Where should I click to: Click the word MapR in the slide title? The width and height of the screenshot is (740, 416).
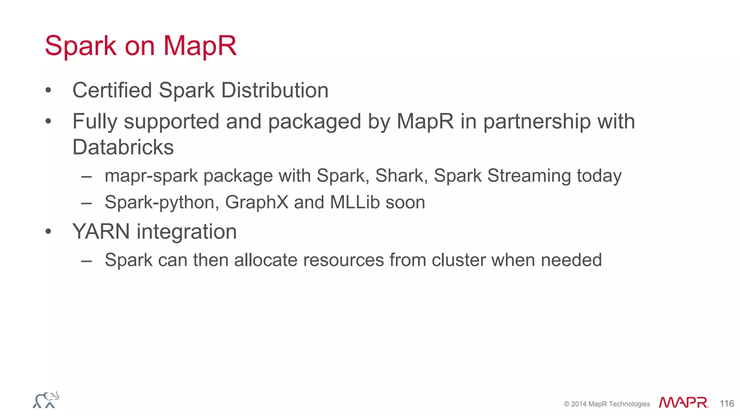click(200, 46)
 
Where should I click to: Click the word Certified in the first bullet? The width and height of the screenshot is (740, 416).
click(112, 90)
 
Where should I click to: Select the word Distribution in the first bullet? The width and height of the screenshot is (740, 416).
click(275, 90)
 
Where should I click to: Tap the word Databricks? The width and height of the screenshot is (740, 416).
click(123, 147)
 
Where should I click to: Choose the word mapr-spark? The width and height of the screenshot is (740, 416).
click(151, 176)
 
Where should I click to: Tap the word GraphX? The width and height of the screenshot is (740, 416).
click(257, 203)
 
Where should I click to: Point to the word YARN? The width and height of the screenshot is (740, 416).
click(101, 231)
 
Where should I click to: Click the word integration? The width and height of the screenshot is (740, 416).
click(186, 232)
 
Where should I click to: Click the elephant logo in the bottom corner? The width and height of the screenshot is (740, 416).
click(46, 400)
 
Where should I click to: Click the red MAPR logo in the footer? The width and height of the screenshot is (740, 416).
click(683, 403)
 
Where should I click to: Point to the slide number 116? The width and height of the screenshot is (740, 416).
click(727, 403)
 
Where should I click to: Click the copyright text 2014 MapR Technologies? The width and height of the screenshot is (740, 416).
click(607, 404)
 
